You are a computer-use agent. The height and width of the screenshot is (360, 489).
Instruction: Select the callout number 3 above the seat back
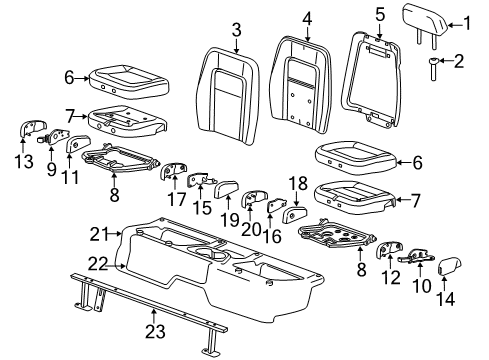pyautogui.click(x=235, y=27)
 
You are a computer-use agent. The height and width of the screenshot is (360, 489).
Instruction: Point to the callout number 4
pyautogui.click(x=307, y=16)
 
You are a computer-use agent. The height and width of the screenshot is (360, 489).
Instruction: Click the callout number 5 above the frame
pyautogui.click(x=380, y=14)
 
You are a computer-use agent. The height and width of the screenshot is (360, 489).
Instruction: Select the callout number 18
pyautogui.click(x=296, y=184)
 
